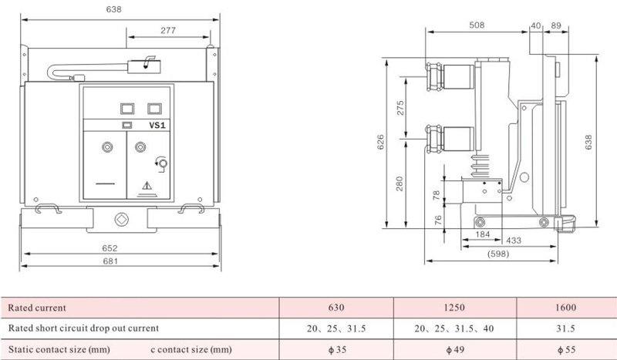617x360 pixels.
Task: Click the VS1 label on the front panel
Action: coord(157,126)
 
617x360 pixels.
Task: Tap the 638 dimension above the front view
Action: coord(113,9)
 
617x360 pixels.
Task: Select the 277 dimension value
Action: coord(168,30)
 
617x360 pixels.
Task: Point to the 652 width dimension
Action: coord(110,248)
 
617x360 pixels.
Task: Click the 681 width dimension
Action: coord(110,261)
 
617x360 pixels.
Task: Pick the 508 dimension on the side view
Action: coord(477,25)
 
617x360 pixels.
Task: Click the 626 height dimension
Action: coord(380,142)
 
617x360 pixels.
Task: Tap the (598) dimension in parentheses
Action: coord(498,254)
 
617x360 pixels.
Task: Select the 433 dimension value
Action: coord(514,241)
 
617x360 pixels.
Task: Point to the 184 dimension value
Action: coord(483,234)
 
